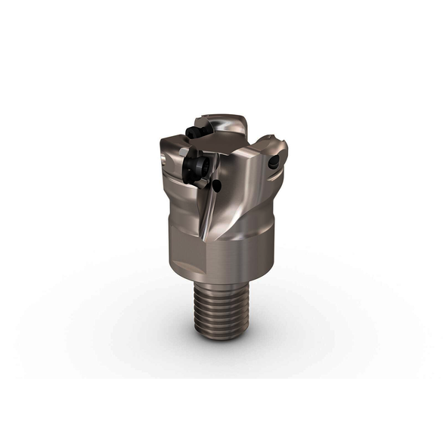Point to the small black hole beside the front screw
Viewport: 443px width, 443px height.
217,184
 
